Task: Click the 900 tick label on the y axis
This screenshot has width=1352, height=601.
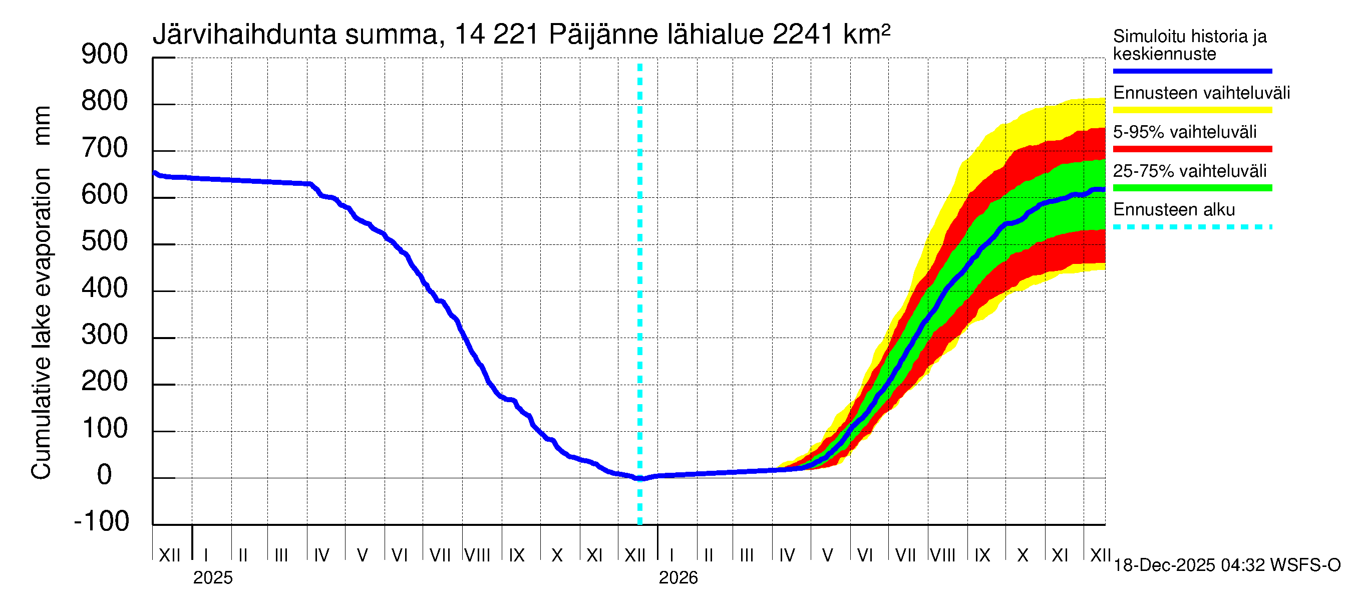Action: pyautogui.click(x=105, y=54)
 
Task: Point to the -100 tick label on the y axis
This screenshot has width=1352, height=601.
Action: pyautogui.click(x=102, y=521)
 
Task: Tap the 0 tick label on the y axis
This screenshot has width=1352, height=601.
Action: pyautogui.click(x=105, y=474)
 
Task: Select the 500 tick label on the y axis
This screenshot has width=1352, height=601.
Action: pyautogui.click(x=105, y=241)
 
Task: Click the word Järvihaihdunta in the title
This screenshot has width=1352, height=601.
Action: pyautogui.click(x=244, y=35)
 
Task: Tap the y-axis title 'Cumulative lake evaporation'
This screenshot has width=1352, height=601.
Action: pyautogui.click(x=42, y=324)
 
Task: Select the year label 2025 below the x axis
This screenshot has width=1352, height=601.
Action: pyautogui.click(x=212, y=578)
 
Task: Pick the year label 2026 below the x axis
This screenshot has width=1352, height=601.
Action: pyautogui.click(x=678, y=578)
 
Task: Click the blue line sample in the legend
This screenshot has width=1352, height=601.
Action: pyautogui.click(x=1192, y=71)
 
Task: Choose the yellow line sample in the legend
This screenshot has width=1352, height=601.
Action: pyautogui.click(x=1192, y=110)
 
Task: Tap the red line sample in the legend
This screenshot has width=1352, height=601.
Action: pyautogui.click(x=1192, y=149)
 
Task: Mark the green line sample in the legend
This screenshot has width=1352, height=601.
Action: pyautogui.click(x=1192, y=188)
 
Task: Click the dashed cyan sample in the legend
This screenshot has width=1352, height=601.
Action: pyautogui.click(x=1192, y=227)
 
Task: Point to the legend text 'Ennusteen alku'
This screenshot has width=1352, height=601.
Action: pyautogui.click(x=1174, y=210)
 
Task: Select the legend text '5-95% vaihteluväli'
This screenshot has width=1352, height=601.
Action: pyautogui.click(x=1185, y=132)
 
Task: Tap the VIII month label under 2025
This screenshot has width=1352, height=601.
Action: pyautogui.click(x=478, y=555)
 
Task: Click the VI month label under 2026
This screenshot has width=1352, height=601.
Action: pyautogui.click(x=864, y=555)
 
